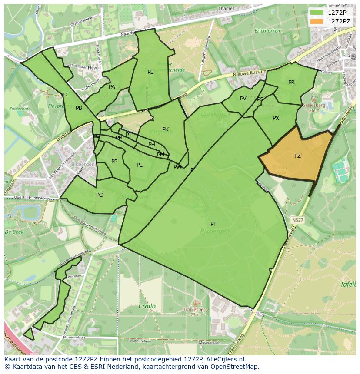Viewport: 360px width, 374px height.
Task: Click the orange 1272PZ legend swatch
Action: tap(317, 21)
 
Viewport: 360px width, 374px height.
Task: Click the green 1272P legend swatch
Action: tap(317, 13)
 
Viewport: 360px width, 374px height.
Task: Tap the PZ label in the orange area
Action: tap(297, 156)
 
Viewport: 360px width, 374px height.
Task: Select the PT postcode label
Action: tap(213, 224)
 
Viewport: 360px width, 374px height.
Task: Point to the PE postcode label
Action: tap(150, 72)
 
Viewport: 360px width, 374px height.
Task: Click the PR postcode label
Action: tap(291, 83)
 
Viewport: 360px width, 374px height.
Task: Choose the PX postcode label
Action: tap(276, 118)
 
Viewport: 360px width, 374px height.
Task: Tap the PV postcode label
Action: tap(243, 99)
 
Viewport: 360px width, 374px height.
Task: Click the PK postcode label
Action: tap(165, 129)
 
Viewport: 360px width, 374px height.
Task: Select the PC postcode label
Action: tap(99, 195)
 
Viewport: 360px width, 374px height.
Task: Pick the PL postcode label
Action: tap(139, 165)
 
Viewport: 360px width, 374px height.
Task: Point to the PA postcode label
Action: tap(112, 87)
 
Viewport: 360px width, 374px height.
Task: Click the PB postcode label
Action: tap(79, 108)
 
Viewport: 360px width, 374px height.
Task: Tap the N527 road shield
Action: tap(297, 220)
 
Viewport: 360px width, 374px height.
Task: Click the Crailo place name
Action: tap(147, 306)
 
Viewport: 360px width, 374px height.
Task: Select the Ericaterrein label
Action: tap(268, 31)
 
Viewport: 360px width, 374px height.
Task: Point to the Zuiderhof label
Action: tap(19, 109)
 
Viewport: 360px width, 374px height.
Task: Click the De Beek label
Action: tap(14, 232)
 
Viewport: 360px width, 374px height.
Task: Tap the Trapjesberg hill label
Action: tap(196, 310)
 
